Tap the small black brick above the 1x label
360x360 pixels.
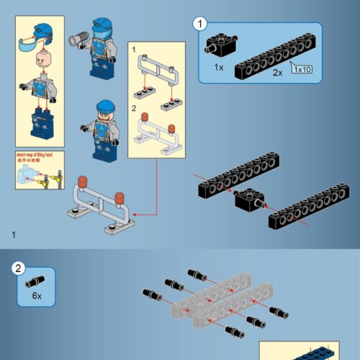[x=219, y=43]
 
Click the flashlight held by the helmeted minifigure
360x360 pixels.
[x=78, y=37]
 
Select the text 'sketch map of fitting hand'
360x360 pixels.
[x=35, y=154]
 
